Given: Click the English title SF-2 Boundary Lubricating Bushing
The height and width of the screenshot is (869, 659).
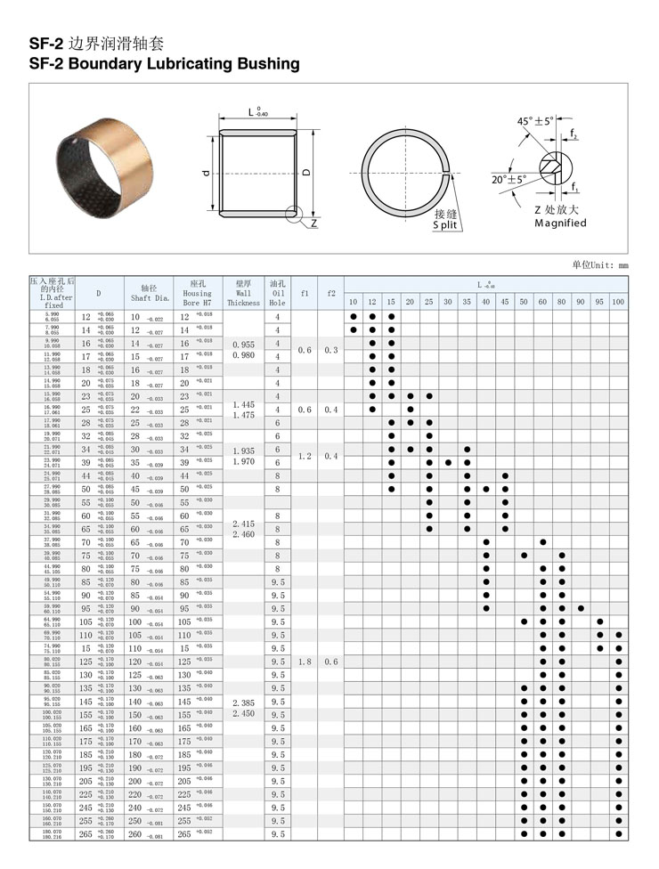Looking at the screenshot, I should (164, 64).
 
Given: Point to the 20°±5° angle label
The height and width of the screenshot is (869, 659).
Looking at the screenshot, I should (509, 179).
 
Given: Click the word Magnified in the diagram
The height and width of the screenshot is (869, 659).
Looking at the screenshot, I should (560, 223).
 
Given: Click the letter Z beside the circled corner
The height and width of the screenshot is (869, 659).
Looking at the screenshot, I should (314, 223).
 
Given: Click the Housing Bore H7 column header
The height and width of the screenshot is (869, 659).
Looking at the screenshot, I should (197, 293).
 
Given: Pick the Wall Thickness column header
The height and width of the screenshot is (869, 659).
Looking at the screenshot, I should (243, 293).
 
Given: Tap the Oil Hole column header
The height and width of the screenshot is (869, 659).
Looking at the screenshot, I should (278, 293).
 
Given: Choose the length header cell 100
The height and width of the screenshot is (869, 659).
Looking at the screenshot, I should (618, 303).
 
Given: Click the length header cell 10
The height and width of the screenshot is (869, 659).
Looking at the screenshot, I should (353, 303).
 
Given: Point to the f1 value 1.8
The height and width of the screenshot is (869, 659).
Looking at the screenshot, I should (305, 662).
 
